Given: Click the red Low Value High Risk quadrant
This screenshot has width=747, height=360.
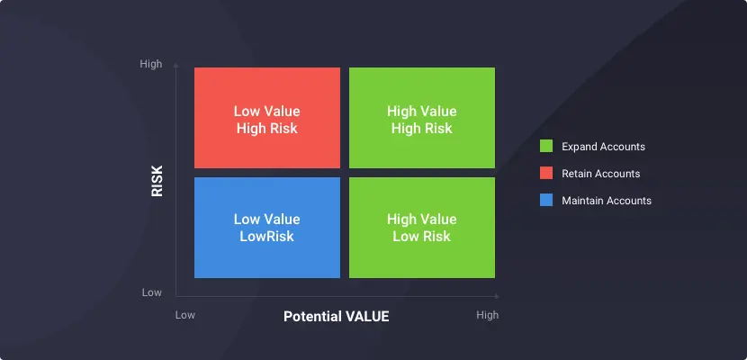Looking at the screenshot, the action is click(267, 118).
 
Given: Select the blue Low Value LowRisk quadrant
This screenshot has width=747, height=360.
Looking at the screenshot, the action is click(267, 228).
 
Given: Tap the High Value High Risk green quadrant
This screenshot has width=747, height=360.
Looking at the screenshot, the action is click(422, 118).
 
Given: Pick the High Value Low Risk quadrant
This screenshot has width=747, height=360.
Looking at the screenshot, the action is click(422, 228).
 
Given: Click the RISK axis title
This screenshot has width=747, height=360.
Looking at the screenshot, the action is click(157, 181).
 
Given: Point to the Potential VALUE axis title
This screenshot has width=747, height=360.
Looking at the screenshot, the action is click(337, 316).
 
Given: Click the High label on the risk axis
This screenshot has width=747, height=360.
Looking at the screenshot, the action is click(151, 64).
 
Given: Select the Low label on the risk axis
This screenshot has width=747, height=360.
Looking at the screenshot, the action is click(151, 292).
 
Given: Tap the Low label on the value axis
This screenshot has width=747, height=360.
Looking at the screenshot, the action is click(185, 315).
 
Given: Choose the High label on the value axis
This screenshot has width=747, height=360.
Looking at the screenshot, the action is click(488, 315).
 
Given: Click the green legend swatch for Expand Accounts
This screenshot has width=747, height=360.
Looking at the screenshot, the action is click(546, 146).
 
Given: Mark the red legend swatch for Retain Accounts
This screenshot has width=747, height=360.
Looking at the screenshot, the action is click(546, 174).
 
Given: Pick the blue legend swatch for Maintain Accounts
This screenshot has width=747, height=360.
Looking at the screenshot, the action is click(546, 200).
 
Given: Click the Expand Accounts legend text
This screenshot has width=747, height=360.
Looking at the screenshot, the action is click(604, 147).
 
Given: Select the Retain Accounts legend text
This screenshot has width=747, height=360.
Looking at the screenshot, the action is click(601, 174).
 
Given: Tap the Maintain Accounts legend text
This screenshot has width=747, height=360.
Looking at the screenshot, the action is click(607, 201).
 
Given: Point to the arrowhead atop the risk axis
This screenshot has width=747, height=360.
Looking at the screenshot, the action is click(175, 65).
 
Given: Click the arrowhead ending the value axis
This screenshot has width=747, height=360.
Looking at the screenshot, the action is click(498, 296).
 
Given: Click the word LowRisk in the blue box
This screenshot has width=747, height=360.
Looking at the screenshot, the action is click(266, 236).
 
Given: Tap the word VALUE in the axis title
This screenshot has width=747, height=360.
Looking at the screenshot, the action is click(366, 316).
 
